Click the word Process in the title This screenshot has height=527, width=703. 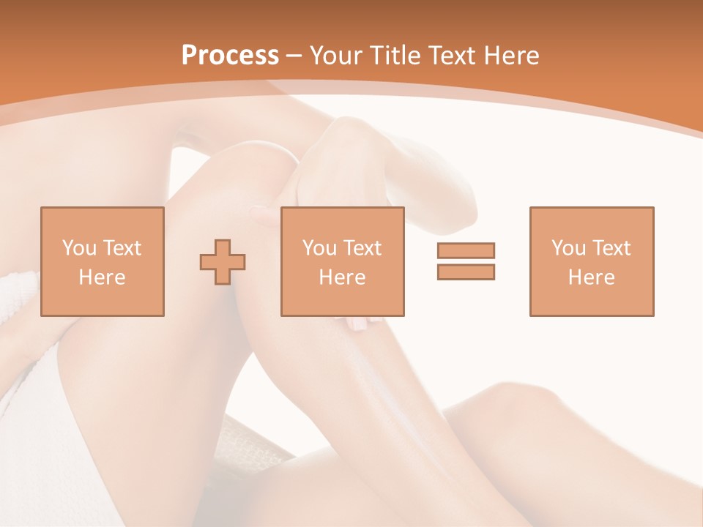coord(230,56)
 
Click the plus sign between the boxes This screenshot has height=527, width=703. coord(223,262)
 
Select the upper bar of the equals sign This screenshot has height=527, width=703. coord(466,251)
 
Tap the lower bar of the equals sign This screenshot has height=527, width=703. coord(466,272)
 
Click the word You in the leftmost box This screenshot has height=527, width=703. coord(79,248)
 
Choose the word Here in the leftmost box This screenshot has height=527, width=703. coord(102,277)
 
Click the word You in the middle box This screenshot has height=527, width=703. coord(319,248)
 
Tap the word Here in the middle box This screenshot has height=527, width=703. coord(342,277)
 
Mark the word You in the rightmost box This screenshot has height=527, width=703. coord(568,248)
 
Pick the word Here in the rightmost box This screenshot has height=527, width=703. coord(591,277)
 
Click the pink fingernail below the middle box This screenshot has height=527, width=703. coord(359,323)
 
